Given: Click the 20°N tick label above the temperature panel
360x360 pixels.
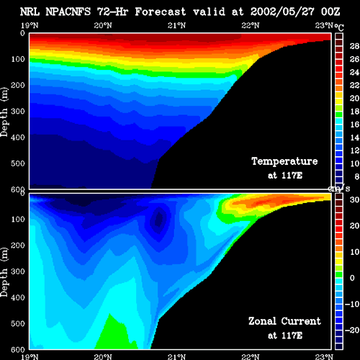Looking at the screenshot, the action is tap(103, 25).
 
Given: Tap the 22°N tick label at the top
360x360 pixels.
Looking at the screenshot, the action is tap(251, 25).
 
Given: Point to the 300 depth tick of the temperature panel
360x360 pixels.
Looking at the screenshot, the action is tap(18, 112).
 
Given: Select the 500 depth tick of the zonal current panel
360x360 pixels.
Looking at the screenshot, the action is tap(18, 323).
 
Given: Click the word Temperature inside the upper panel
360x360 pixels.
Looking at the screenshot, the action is tap(284, 161).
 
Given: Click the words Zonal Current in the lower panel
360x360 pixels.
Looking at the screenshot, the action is tap(284, 321).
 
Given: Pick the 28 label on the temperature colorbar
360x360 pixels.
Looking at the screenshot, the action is tap(354, 46).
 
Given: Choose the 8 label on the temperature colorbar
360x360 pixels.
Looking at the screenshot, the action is tap(356, 176).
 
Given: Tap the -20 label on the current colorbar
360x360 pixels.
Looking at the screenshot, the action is tap(352, 330).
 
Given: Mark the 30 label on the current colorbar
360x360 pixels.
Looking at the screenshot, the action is tap(354, 199).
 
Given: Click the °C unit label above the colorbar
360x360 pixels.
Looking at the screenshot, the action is tap(339, 27).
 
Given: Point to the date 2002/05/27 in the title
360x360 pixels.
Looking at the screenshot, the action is tap(282, 12).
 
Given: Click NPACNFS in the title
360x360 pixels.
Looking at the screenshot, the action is tap(68, 12).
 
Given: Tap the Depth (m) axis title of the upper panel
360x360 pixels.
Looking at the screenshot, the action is tap(4, 112).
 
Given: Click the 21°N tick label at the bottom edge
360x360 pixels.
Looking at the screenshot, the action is tap(176, 356).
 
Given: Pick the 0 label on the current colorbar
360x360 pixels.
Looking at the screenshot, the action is tap(352, 278).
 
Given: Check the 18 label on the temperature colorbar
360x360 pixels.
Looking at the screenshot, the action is tap(354, 112).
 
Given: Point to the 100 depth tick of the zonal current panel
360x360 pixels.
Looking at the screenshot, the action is tap(18, 219).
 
